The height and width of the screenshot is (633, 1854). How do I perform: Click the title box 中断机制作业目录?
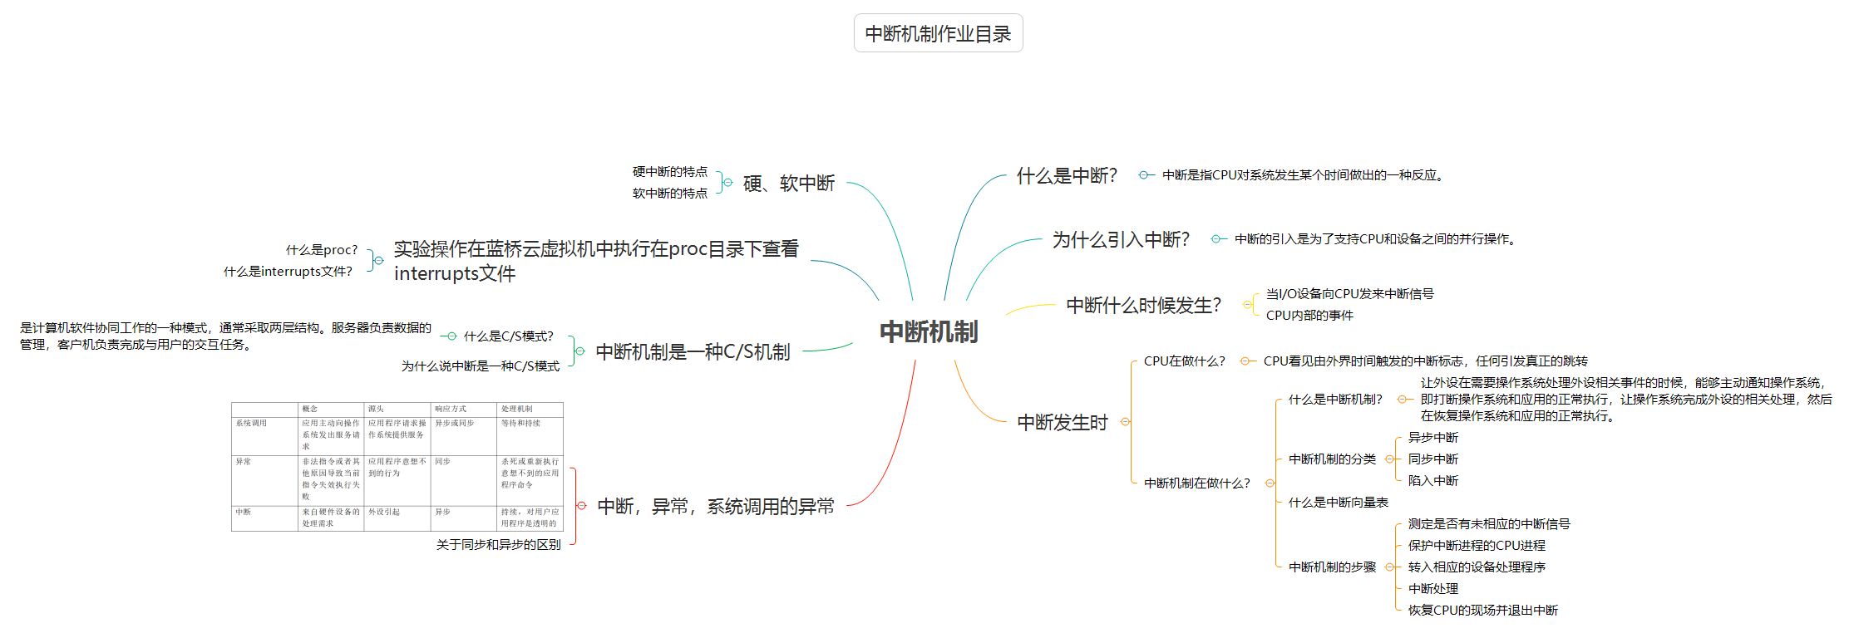point(938,33)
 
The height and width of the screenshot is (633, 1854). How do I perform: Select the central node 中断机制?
point(929,332)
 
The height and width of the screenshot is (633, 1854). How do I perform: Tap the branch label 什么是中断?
point(1067,176)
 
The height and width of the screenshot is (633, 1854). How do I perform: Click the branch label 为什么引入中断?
point(1121,240)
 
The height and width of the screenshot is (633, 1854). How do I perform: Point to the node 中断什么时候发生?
point(1143,306)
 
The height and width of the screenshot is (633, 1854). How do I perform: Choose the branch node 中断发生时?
point(1063,423)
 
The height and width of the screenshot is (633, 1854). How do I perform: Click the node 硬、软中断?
point(788,184)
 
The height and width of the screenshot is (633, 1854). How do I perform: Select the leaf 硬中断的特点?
point(669,172)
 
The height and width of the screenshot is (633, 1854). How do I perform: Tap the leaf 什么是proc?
point(322,250)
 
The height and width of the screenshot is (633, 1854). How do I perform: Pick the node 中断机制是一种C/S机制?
point(693,352)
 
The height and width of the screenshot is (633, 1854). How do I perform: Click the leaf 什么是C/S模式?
point(508,336)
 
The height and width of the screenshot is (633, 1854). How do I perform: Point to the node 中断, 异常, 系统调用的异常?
point(716,507)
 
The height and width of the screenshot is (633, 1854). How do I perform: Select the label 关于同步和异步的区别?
point(498,545)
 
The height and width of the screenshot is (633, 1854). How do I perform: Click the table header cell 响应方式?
point(451,409)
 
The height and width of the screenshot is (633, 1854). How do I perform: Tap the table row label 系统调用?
point(251,424)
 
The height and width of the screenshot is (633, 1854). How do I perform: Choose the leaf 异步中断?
point(1432,438)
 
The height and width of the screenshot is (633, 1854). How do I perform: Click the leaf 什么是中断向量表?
point(1338,503)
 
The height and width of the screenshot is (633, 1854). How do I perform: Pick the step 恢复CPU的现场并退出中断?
point(1482,611)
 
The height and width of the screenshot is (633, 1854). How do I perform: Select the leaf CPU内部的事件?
point(1309,316)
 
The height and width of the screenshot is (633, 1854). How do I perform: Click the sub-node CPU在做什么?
point(1184,361)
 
